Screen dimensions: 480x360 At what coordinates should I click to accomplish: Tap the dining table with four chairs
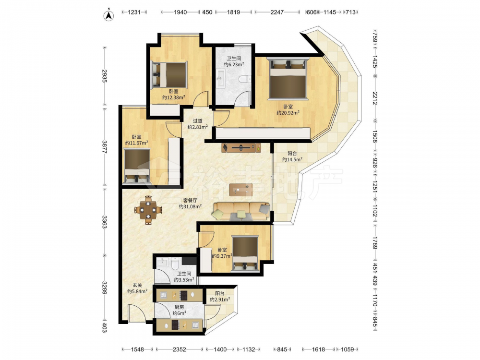coord(148,210)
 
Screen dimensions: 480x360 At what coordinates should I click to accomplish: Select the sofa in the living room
coord(241,211)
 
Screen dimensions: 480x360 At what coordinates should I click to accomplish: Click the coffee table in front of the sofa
coord(241,190)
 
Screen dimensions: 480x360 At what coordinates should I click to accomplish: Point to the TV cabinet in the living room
coord(241,147)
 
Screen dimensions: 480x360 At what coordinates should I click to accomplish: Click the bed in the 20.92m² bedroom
coord(288,79)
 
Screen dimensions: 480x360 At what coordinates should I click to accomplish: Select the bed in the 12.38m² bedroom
coord(169,75)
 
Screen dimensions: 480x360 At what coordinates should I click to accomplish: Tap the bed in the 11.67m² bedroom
coord(137,166)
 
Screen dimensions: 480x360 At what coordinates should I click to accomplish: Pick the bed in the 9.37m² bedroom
coord(245,253)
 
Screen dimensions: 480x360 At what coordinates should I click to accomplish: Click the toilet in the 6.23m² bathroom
coord(245,80)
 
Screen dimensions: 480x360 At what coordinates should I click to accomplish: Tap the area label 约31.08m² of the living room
coord(190,206)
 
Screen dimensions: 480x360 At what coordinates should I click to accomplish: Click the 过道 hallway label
coord(198,121)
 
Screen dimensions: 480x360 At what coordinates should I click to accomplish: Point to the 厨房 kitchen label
coord(180,307)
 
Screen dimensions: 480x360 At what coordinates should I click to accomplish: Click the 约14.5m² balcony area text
coord(292,159)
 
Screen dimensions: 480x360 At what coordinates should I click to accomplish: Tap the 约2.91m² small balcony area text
coord(220,300)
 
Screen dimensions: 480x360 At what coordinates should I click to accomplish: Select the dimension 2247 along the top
coord(277,12)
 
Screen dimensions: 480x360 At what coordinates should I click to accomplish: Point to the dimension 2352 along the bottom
coord(180,349)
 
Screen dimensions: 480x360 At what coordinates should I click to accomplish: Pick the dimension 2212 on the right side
coord(375,98)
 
